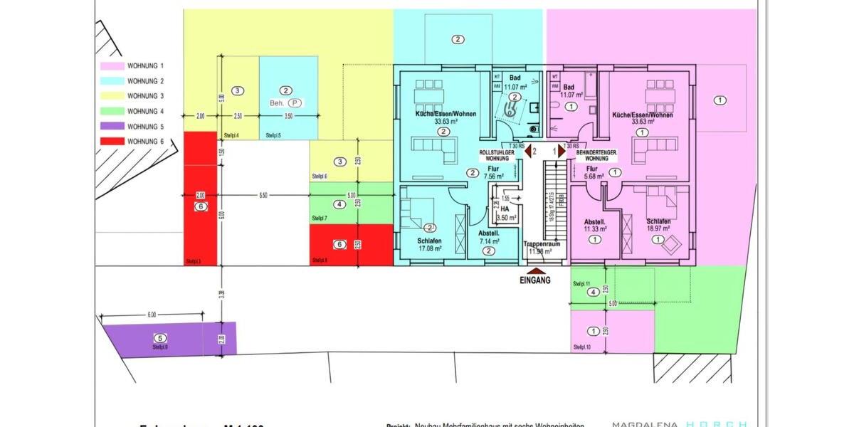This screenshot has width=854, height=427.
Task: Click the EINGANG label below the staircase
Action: (x=536, y=280)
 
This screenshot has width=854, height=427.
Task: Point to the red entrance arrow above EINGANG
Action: (x=536, y=270)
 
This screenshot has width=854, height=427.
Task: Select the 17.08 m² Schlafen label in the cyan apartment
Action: (x=430, y=246)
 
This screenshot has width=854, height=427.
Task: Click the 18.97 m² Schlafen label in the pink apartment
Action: (x=659, y=226)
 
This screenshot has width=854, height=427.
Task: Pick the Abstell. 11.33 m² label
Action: (x=595, y=226)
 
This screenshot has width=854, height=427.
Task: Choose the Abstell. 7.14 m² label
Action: (x=489, y=237)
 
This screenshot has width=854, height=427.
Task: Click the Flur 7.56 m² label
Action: (x=493, y=172)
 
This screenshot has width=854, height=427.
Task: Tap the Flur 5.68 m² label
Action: (x=594, y=172)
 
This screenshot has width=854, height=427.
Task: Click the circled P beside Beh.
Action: (x=295, y=102)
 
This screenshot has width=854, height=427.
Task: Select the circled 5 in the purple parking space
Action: (x=160, y=338)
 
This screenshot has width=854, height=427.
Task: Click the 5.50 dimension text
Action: (x=263, y=195)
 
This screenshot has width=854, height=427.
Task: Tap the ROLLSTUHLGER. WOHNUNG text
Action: (x=497, y=154)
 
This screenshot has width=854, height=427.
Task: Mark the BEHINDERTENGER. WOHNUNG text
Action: (x=596, y=154)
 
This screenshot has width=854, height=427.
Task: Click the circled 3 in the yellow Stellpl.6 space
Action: (x=340, y=162)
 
